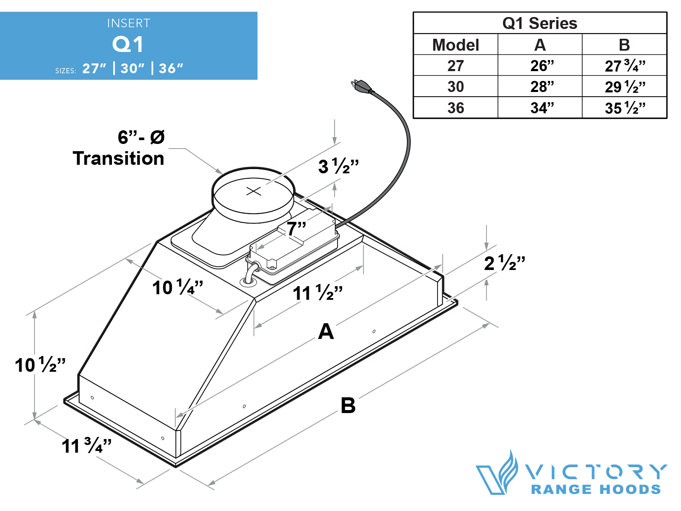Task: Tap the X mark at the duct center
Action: point(254,191)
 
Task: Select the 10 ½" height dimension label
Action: point(40,365)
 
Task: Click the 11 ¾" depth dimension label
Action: point(86,446)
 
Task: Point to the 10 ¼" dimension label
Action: point(177,287)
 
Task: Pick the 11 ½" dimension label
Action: point(318,293)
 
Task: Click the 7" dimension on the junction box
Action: point(296,229)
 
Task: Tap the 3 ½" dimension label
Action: point(338,167)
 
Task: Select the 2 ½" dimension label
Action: point(504,263)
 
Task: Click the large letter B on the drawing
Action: point(348,405)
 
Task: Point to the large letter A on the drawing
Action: point(326,331)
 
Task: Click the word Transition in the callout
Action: point(118,158)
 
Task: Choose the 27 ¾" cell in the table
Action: point(624,66)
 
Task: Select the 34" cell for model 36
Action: point(541,108)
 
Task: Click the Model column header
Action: point(455,45)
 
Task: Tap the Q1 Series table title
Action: point(540,23)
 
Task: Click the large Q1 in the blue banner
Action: point(128,44)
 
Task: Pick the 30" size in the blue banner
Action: point(132,68)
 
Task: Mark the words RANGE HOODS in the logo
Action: point(596,489)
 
